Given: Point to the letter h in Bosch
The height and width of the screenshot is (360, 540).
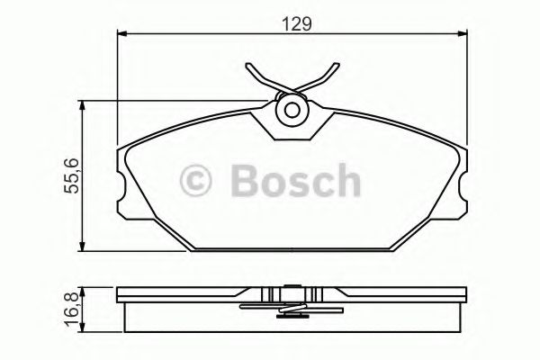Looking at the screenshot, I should (x=346, y=180).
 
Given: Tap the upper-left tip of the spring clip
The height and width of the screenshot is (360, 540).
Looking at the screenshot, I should (x=247, y=66).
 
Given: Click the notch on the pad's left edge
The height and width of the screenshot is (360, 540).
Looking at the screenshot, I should (x=121, y=185).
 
